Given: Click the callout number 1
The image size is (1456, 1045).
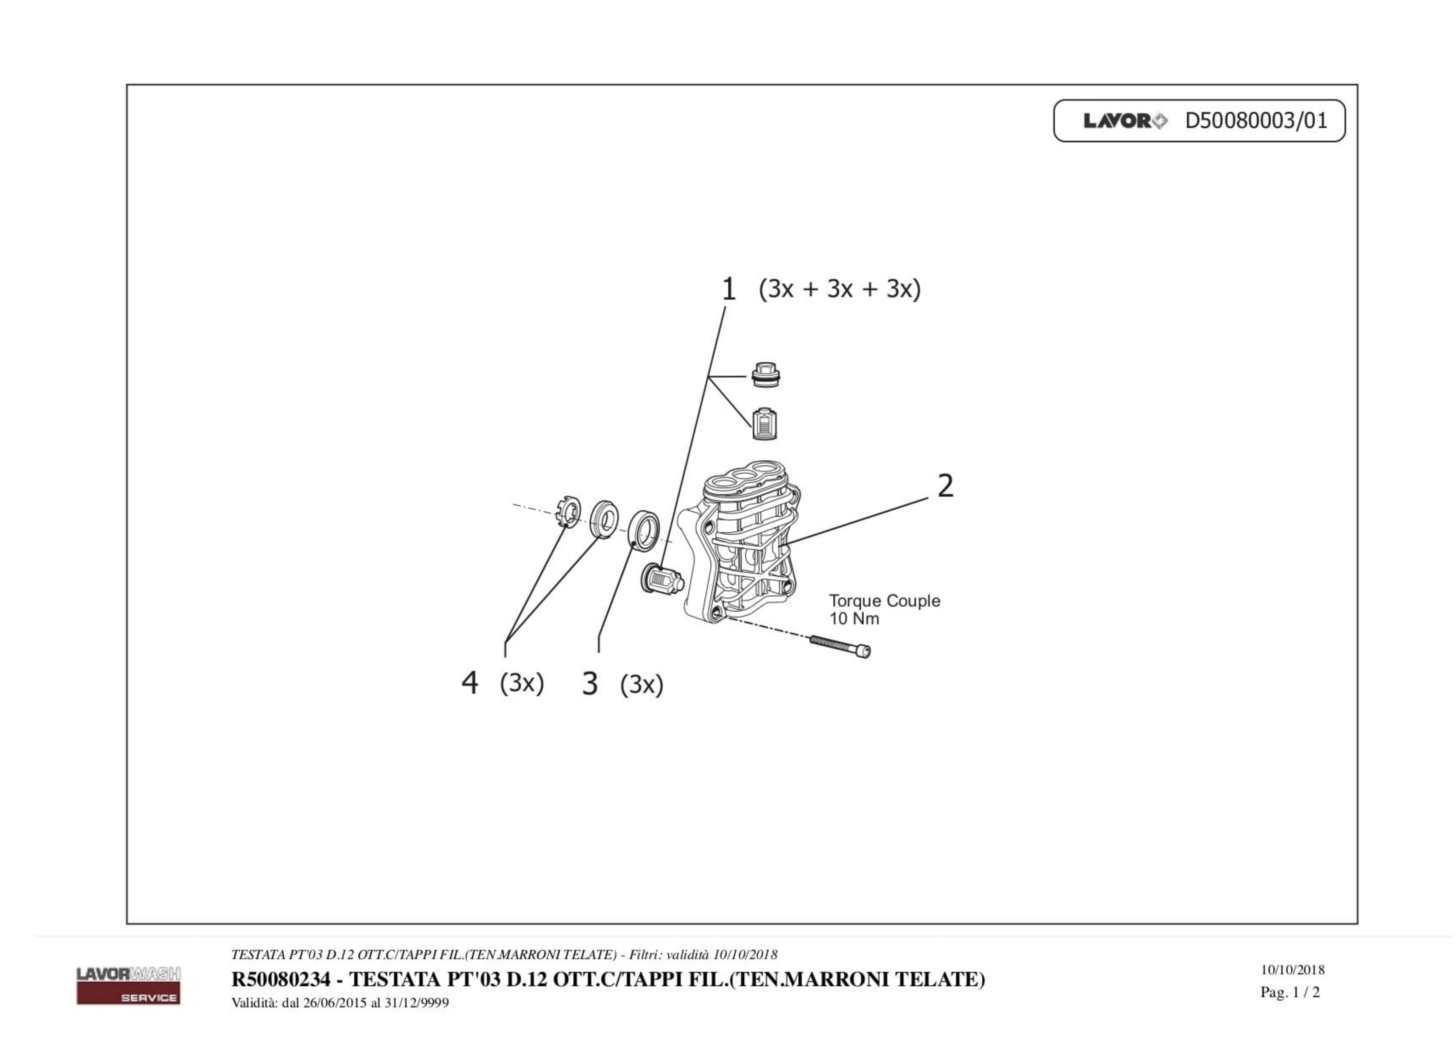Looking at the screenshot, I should (728, 289).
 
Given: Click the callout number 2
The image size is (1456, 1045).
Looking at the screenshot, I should (945, 486).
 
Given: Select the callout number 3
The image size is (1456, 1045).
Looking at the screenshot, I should (589, 684).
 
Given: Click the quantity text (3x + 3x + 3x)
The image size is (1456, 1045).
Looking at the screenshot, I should (839, 289).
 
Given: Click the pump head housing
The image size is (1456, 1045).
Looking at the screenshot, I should (745, 545).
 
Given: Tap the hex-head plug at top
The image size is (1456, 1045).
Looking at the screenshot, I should (765, 375).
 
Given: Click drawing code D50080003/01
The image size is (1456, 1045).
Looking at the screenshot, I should (1256, 121).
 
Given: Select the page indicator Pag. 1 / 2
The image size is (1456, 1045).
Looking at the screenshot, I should (1290, 992).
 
